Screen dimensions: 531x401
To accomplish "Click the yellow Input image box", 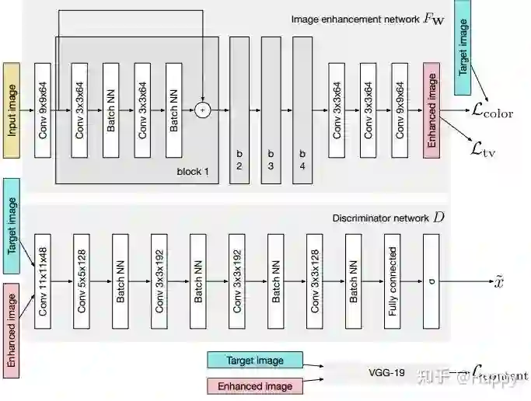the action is [x=12, y=110].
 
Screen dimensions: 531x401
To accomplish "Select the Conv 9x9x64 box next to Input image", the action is [x=43, y=110].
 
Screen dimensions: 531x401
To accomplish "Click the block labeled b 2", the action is [x=239, y=110].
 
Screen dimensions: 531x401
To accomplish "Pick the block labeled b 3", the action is [x=271, y=110].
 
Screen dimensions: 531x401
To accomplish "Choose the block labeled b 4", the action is [x=302, y=110].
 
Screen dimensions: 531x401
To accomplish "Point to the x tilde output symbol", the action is [x=498, y=281].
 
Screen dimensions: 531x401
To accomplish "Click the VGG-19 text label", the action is [x=386, y=372].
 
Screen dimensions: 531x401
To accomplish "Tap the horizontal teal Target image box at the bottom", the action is [x=255, y=360].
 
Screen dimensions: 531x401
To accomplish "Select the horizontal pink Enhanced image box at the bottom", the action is [x=255, y=385].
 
